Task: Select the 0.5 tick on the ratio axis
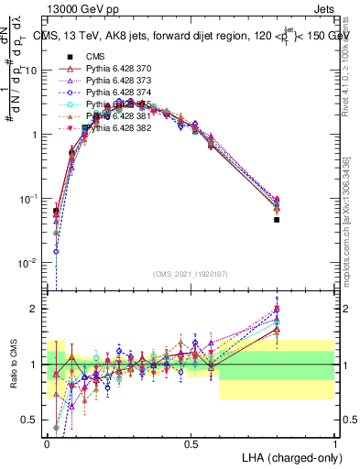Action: [31, 420]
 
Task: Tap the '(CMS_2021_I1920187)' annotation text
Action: [191, 274]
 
